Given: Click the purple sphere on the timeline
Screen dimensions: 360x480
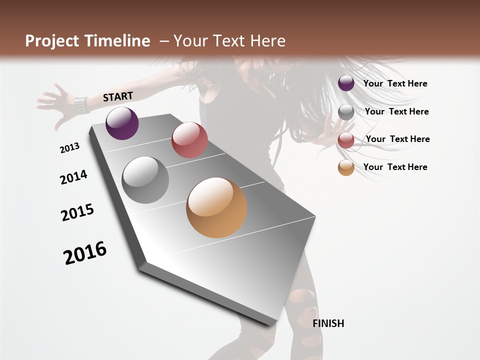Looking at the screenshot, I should click(x=122, y=123).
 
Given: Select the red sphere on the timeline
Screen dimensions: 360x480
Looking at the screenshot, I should click(x=189, y=140).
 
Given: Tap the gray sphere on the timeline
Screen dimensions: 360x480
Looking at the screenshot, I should click(x=145, y=180).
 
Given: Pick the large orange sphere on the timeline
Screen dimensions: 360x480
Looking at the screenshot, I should click(x=216, y=207).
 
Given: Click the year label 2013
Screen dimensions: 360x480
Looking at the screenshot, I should click(x=69, y=148).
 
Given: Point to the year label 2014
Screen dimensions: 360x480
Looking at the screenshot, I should click(x=73, y=177).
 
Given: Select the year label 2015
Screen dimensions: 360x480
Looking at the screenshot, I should click(x=77, y=212).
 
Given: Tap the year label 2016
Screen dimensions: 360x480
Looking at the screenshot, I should click(x=85, y=252).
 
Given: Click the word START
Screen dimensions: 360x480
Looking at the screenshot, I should click(x=118, y=96).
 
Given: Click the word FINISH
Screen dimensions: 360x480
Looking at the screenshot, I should click(x=328, y=323).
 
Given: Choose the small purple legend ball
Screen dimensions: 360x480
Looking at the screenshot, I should click(x=346, y=83).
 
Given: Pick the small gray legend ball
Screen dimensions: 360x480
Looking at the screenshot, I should click(x=346, y=112).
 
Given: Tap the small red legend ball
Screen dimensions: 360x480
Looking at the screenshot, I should click(x=346, y=140).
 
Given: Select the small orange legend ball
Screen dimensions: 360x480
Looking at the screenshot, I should click(x=346, y=168).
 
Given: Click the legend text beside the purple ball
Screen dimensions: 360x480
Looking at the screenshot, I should click(x=395, y=83).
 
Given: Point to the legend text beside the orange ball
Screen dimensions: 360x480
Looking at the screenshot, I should click(x=395, y=167).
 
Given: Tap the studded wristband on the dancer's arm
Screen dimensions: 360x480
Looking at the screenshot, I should click(x=80, y=105).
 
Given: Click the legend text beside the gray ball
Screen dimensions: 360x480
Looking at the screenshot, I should click(x=396, y=111).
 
